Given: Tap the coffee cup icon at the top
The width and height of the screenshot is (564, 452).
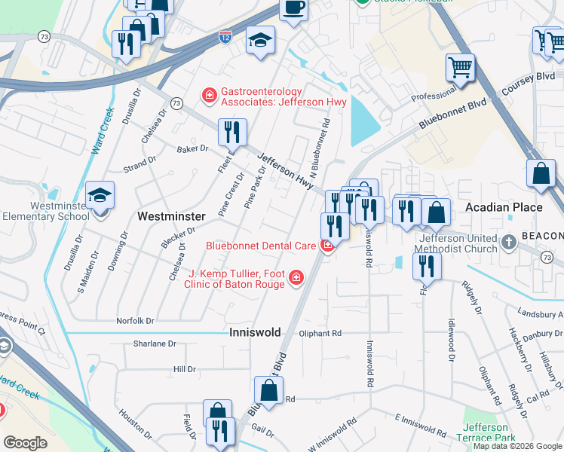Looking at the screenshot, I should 293,8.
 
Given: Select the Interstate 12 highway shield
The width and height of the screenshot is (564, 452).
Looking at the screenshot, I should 225,35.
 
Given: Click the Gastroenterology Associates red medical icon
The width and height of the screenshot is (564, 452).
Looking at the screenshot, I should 208,96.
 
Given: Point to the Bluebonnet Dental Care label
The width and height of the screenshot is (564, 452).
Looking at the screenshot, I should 261,246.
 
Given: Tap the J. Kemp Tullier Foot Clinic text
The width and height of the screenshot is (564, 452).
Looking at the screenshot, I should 236,278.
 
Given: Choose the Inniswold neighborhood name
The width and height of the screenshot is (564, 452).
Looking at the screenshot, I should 255,332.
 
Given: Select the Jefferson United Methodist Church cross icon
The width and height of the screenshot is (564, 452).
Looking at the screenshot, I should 510,242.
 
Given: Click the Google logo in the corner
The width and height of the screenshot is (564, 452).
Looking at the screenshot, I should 26,443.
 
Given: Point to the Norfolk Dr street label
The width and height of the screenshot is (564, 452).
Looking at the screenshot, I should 135,321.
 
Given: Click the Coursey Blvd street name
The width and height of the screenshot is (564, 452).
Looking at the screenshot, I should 535,78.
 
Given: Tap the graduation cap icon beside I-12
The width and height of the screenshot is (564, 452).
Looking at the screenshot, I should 260,40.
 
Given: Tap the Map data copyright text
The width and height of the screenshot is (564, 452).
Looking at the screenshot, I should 517,446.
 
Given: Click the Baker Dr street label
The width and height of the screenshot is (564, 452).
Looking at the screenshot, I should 192,149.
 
